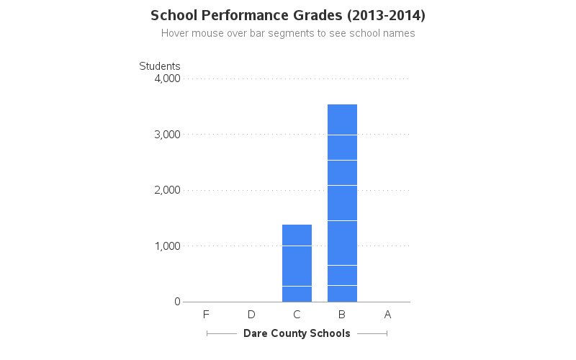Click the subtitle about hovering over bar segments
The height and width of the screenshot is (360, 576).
point(288,33)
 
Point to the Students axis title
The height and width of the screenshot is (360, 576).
point(159,66)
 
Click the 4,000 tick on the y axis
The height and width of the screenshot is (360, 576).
point(167,78)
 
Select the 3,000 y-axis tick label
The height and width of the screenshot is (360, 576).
point(167,135)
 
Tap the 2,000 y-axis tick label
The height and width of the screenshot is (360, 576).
point(167,190)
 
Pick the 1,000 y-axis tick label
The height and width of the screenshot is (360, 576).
point(167,246)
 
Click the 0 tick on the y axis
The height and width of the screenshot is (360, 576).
point(176,302)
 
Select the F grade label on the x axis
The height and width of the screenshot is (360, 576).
point(206,315)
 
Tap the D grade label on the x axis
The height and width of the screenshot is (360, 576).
point(251,315)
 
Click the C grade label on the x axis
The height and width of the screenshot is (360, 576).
point(297,315)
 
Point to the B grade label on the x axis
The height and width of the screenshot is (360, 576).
point(342,315)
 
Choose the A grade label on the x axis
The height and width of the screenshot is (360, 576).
point(387,315)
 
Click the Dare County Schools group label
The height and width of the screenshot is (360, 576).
point(297,333)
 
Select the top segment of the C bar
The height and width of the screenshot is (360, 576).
point(297,235)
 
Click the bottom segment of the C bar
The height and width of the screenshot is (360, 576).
point(297,294)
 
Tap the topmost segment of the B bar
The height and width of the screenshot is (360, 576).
point(342,120)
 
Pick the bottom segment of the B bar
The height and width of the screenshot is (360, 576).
point(342,294)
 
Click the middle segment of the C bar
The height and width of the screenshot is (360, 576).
point(297,266)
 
